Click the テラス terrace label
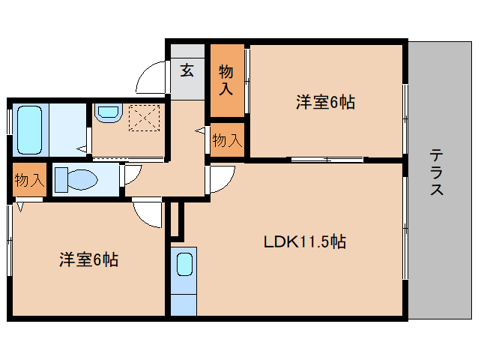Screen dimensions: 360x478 tap(436, 173)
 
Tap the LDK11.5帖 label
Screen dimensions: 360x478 tap(304, 242)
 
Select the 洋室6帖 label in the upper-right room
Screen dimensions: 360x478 tap(324, 103)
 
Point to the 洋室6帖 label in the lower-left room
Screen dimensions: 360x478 tap(89, 260)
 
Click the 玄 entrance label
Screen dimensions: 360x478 tap(187, 71)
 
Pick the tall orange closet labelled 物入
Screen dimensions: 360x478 tap(226, 80)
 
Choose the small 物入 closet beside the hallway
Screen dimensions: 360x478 tap(227, 140)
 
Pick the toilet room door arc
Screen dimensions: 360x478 tap(129, 174)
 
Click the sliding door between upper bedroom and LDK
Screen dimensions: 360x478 tap(327, 159)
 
